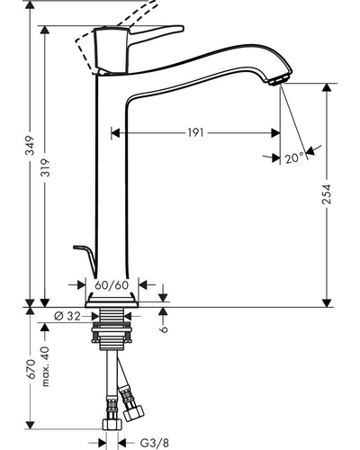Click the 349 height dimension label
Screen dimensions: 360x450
(x=30, y=146)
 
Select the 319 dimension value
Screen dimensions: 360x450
(x=46, y=167)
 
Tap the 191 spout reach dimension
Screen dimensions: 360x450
(x=195, y=132)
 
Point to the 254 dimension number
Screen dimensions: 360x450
(x=327, y=194)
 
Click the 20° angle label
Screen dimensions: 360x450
(x=294, y=157)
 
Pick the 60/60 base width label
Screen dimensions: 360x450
(x=112, y=285)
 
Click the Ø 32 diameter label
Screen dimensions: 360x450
(x=67, y=316)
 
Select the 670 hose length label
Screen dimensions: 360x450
(x=31, y=369)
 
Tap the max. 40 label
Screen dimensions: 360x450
(x=45, y=366)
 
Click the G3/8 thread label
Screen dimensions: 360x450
(x=155, y=442)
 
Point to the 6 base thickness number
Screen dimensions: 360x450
(x=164, y=329)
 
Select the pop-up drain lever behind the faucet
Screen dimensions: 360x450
(x=85, y=258)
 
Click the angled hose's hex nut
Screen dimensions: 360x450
(x=134, y=413)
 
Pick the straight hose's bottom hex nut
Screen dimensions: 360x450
(x=112, y=425)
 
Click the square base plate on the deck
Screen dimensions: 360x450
(x=112, y=301)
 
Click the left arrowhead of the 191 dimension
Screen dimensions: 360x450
(x=115, y=132)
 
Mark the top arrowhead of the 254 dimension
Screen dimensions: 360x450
(x=327, y=87)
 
